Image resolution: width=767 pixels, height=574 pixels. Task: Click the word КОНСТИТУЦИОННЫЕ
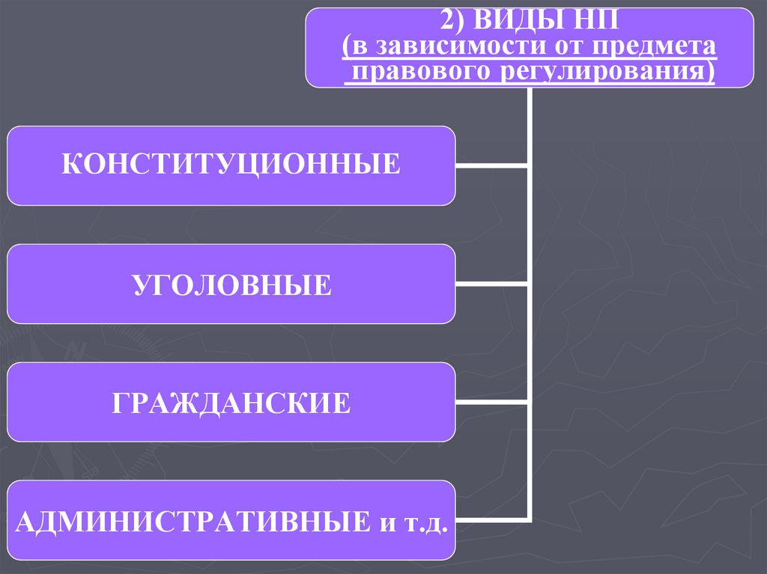[231, 165]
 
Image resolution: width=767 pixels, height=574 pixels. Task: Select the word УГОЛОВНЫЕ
[231, 284]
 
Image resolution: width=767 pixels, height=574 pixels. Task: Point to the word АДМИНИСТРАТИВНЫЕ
[190, 519]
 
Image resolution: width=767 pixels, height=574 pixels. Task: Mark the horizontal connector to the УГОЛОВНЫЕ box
[491, 285]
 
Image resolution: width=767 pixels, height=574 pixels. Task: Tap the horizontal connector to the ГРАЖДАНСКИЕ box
[491, 403]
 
